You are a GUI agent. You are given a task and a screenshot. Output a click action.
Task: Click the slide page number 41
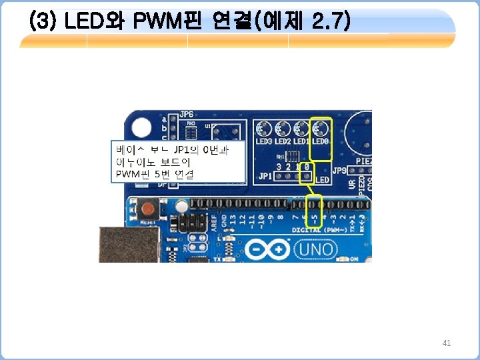[x=447, y=343]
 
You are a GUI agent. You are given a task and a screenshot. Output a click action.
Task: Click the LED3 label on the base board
[x=265, y=142]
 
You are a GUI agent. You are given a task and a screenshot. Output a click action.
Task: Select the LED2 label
[x=283, y=142]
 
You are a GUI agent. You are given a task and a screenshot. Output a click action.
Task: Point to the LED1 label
[x=302, y=142]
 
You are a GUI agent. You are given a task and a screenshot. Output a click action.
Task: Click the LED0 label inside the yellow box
[x=321, y=142]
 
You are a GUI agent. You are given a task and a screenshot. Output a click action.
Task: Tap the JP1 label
[x=265, y=177]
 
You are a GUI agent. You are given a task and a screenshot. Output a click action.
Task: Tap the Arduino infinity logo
[x=267, y=249]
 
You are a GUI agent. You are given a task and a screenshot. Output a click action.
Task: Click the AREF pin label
[x=214, y=222]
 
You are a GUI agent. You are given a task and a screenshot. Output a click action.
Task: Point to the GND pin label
[x=223, y=221]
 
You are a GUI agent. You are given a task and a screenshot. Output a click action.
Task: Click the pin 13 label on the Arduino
[x=233, y=219]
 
